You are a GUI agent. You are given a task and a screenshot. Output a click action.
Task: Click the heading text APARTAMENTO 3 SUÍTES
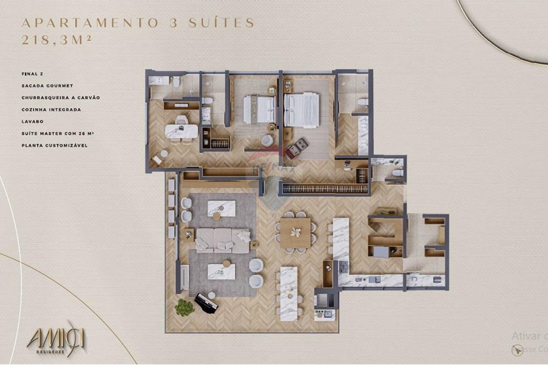pyautogui.click(x=138, y=23)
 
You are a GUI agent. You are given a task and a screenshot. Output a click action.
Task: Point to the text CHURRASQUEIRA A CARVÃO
pyautogui.click(x=60, y=97)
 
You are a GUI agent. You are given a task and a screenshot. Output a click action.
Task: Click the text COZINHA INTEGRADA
pyautogui.click(x=51, y=109)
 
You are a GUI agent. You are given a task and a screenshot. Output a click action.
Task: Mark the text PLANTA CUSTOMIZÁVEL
pyautogui.click(x=54, y=146)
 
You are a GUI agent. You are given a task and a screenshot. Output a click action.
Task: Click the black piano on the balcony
pyautogui.click(x=206, y=302)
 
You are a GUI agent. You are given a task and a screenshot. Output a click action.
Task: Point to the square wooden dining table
pyautogui.click(x=295, y=233)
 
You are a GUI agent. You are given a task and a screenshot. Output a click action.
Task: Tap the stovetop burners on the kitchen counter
pyautogui.click(x=344, y=267)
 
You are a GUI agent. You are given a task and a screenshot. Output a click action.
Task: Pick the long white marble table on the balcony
pyautogui.click(x=288, y=293)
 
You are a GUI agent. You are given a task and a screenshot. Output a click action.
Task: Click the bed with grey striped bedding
pyautogui.click(x=259, y=109)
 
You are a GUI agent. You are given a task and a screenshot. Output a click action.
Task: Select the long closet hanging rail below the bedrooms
pyautogui.click(x=325, y=188)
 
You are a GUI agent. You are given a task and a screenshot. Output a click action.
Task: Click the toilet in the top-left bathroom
pyautogui.click(x=176, y=82)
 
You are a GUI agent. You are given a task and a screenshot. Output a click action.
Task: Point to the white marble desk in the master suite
pyautogui.click(x=181, y=131)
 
